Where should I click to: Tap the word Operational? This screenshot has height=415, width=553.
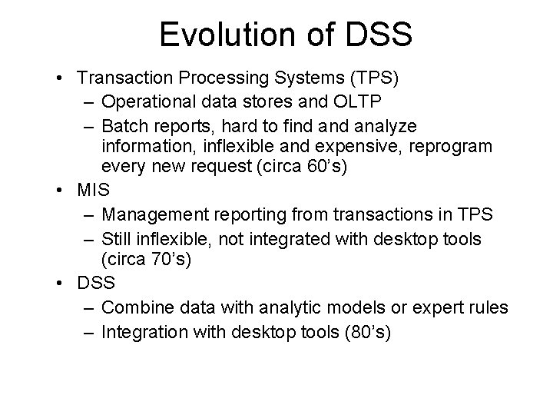[x=146, y=101]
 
